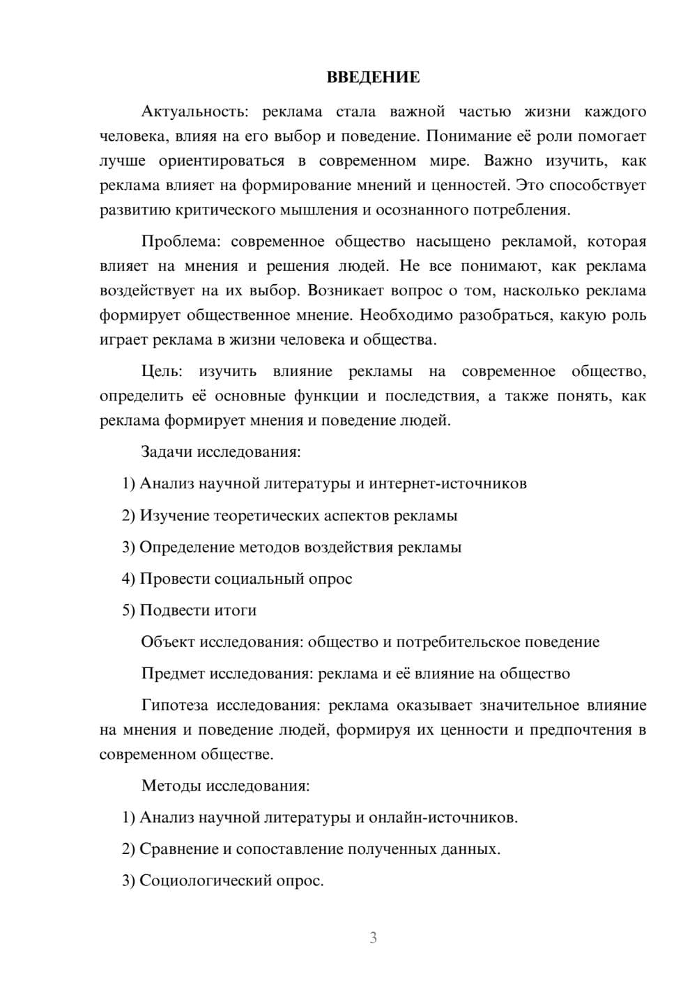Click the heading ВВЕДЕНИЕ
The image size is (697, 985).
(373, 77)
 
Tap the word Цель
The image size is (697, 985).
(161, 372)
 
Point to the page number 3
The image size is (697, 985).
(373, 938)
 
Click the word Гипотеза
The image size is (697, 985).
(174, 706)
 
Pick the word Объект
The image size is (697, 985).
(167, 642)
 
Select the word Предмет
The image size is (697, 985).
(173, 674)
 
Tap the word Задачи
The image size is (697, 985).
(167, 452)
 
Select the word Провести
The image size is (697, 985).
(174, 579)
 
